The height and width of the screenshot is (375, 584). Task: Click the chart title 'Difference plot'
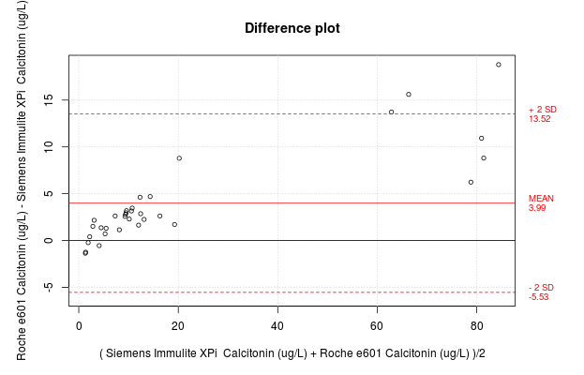[292, 28]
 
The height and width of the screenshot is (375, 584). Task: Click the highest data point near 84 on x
[499, 65]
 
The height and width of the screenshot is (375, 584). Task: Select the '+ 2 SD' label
[542, 110]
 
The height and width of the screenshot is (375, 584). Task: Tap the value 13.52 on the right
[539, 119]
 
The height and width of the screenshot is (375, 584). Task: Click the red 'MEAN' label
[541, 199]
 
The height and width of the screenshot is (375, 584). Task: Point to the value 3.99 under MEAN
[537, 208]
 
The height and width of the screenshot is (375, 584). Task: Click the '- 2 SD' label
[541, 287]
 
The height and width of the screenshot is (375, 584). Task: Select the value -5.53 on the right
[538, 296]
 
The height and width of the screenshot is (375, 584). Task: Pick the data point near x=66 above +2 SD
[409, 95]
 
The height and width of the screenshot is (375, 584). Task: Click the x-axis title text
[292, 353]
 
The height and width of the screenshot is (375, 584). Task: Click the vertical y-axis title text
[21, 180]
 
